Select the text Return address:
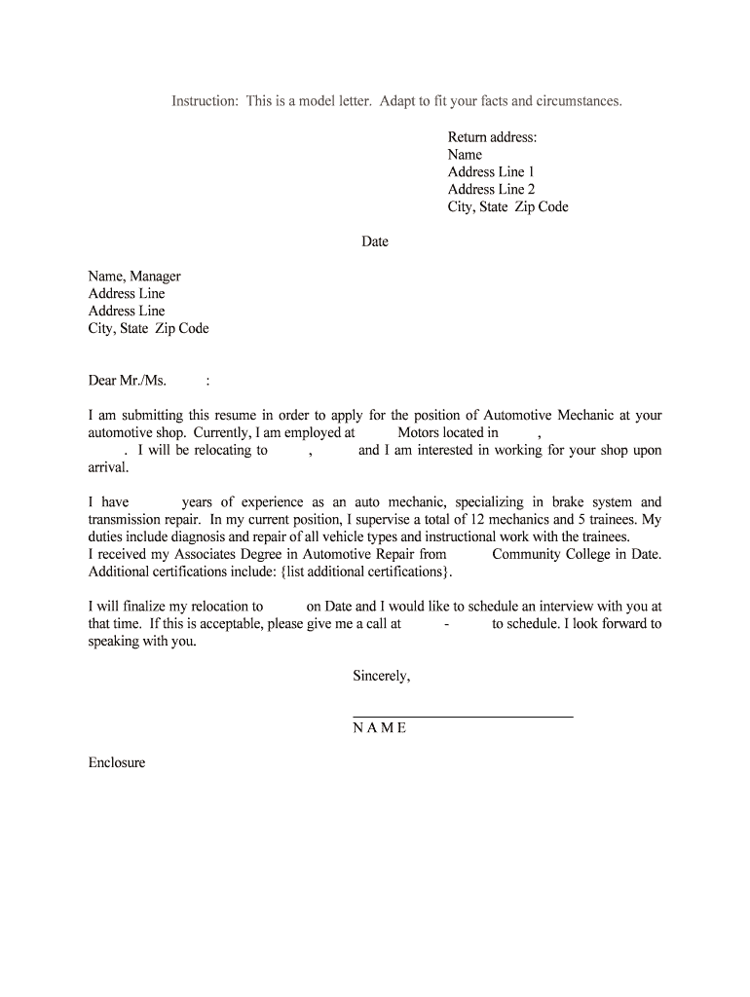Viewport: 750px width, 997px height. pyautogui.click(x=492, y=137)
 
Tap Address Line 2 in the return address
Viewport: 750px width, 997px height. pyautogui.click(x=491, y=190)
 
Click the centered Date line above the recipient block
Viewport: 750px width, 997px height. pyautogui.click(x=375, y=241)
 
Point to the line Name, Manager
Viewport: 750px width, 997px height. pyautogui.click(x=134, y=277)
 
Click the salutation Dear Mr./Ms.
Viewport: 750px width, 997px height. pyautogui.click(x=128, y=381)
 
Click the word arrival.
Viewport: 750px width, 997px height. pyautogui.click(x=108, y=468)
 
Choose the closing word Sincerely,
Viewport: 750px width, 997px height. pyautogui.click(x=382, y=676)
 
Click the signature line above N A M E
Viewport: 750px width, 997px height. pyautogui.click(x=463, y=718)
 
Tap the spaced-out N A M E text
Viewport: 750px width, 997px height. pyautogui.click(x=380, y=728)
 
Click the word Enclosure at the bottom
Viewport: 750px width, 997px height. pyautogui.click(x=117, y=763)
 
